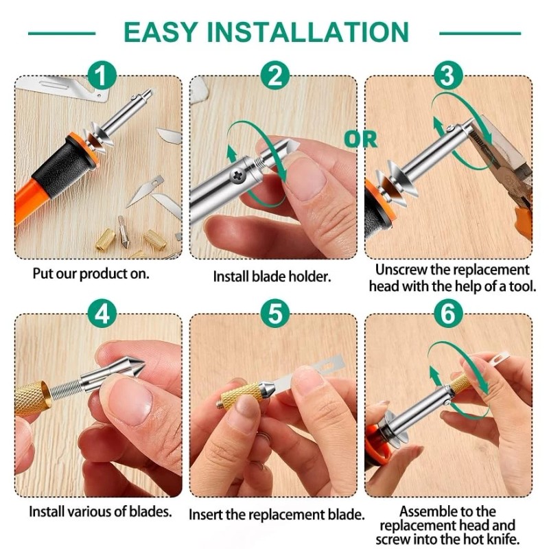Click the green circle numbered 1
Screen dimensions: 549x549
pyautogui.click(x=102, y=75)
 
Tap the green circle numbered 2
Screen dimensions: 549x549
pyautogui.click(x=275, y=75)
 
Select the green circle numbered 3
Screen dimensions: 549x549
pyautogui.click(x=448, y=75)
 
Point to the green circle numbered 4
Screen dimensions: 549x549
pyautogui.click(x=102, y=314)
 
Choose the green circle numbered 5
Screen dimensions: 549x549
pyautogui.click(x=275, y=314)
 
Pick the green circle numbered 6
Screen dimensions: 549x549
pyautogui.click(x=448, y=314)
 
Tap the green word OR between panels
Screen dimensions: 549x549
pyautogui.click(x=361, y=139)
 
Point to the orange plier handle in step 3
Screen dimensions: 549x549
pyautogui.click(x=523, y=220)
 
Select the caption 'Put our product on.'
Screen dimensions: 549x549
pyautogui.click(x=91, y=274)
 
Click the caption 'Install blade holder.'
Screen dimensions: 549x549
pyautogui.click(x=272, y=277)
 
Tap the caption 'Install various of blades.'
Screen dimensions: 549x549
pyautogui.click(x=100, y=512)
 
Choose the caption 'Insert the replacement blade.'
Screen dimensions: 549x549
pyautogui.click(x=277, y=515)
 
